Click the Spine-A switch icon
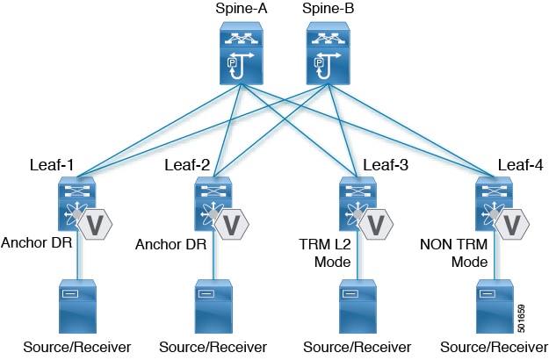click(x=242, y=54)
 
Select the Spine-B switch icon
click(x=328, y=54)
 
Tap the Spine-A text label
click(x=242, y=9)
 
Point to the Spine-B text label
click(x=328, y=9)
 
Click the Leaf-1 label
click(x=52, y=165)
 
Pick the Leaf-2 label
click(x=187, y=165)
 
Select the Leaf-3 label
click(x=386, y=165)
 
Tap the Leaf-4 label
click(x=521, y=165)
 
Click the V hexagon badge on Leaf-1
click(x=95, y=225)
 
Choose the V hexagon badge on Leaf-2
click(x=231, y=225)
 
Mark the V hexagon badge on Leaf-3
click(x=376, y=225)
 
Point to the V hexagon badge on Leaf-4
click(x=512, y=225)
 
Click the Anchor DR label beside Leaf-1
click(x=36, y=242)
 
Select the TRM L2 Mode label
click(x=325, y=253)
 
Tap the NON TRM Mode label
click(x=454, y=253)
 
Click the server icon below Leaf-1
click(x=77, y=306)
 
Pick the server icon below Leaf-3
click(x=358, y=306)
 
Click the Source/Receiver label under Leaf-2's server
click(x=213, y=348)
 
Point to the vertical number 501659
click(x=522, y=319)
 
